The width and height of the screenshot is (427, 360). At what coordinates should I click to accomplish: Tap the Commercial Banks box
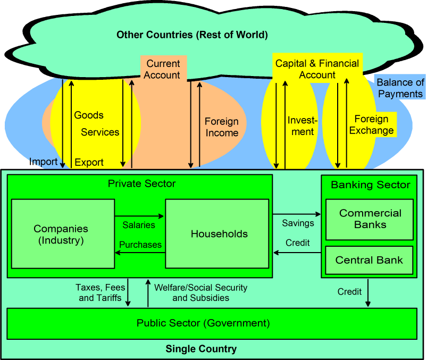pos(370,219)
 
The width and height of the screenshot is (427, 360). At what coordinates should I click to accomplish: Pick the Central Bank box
pos(369,261)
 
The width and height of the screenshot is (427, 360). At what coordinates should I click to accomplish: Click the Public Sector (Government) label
pos(203,323)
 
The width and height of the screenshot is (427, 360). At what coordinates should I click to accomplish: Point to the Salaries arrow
pos(139,216)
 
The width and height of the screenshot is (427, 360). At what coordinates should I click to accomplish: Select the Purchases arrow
pos(139,253)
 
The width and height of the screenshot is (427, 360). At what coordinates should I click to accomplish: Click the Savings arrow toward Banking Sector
pos(297,214)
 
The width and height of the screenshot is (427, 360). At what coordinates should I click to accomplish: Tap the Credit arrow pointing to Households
pos(297,253)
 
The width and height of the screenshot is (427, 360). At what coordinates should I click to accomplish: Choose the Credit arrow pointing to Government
pos(368,292)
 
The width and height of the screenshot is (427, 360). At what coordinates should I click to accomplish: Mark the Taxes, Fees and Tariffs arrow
pos(128,293)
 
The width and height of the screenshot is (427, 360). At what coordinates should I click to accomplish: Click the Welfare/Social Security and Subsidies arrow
pos(147,293)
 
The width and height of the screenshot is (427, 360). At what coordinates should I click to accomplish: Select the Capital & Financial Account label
pos(317,69)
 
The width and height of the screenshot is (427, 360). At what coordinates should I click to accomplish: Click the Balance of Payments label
pos(400,88)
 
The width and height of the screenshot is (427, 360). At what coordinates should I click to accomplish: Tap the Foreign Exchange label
pos(371,124)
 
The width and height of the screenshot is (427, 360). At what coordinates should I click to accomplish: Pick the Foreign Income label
pos(222,127)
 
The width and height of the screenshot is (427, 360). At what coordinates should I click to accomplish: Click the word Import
pos(43,162)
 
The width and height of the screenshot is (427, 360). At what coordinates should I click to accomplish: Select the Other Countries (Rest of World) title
pos(192,35)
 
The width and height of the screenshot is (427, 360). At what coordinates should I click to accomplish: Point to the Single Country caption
pos(201,349)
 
